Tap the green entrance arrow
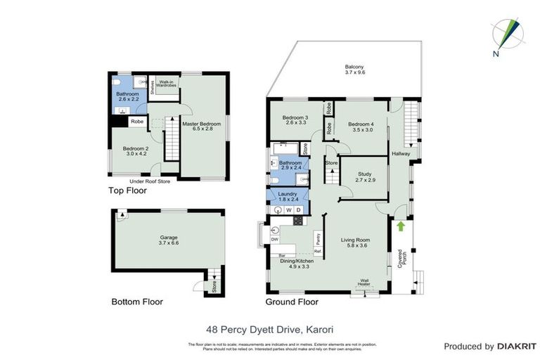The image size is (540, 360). click(x=401, y=226)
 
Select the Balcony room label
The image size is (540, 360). click(x=354, y=67)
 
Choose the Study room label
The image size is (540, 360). click(x=364, y=174)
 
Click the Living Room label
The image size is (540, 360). click(x=355, y=239)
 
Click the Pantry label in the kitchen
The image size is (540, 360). click(x=318, y=238)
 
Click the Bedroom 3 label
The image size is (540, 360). click(x=295, y=117)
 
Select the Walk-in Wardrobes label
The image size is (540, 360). click(x=167, y=82)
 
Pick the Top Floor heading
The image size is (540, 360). click(x=127, y=191)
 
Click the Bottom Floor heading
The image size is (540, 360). click(x=137, y=302)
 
